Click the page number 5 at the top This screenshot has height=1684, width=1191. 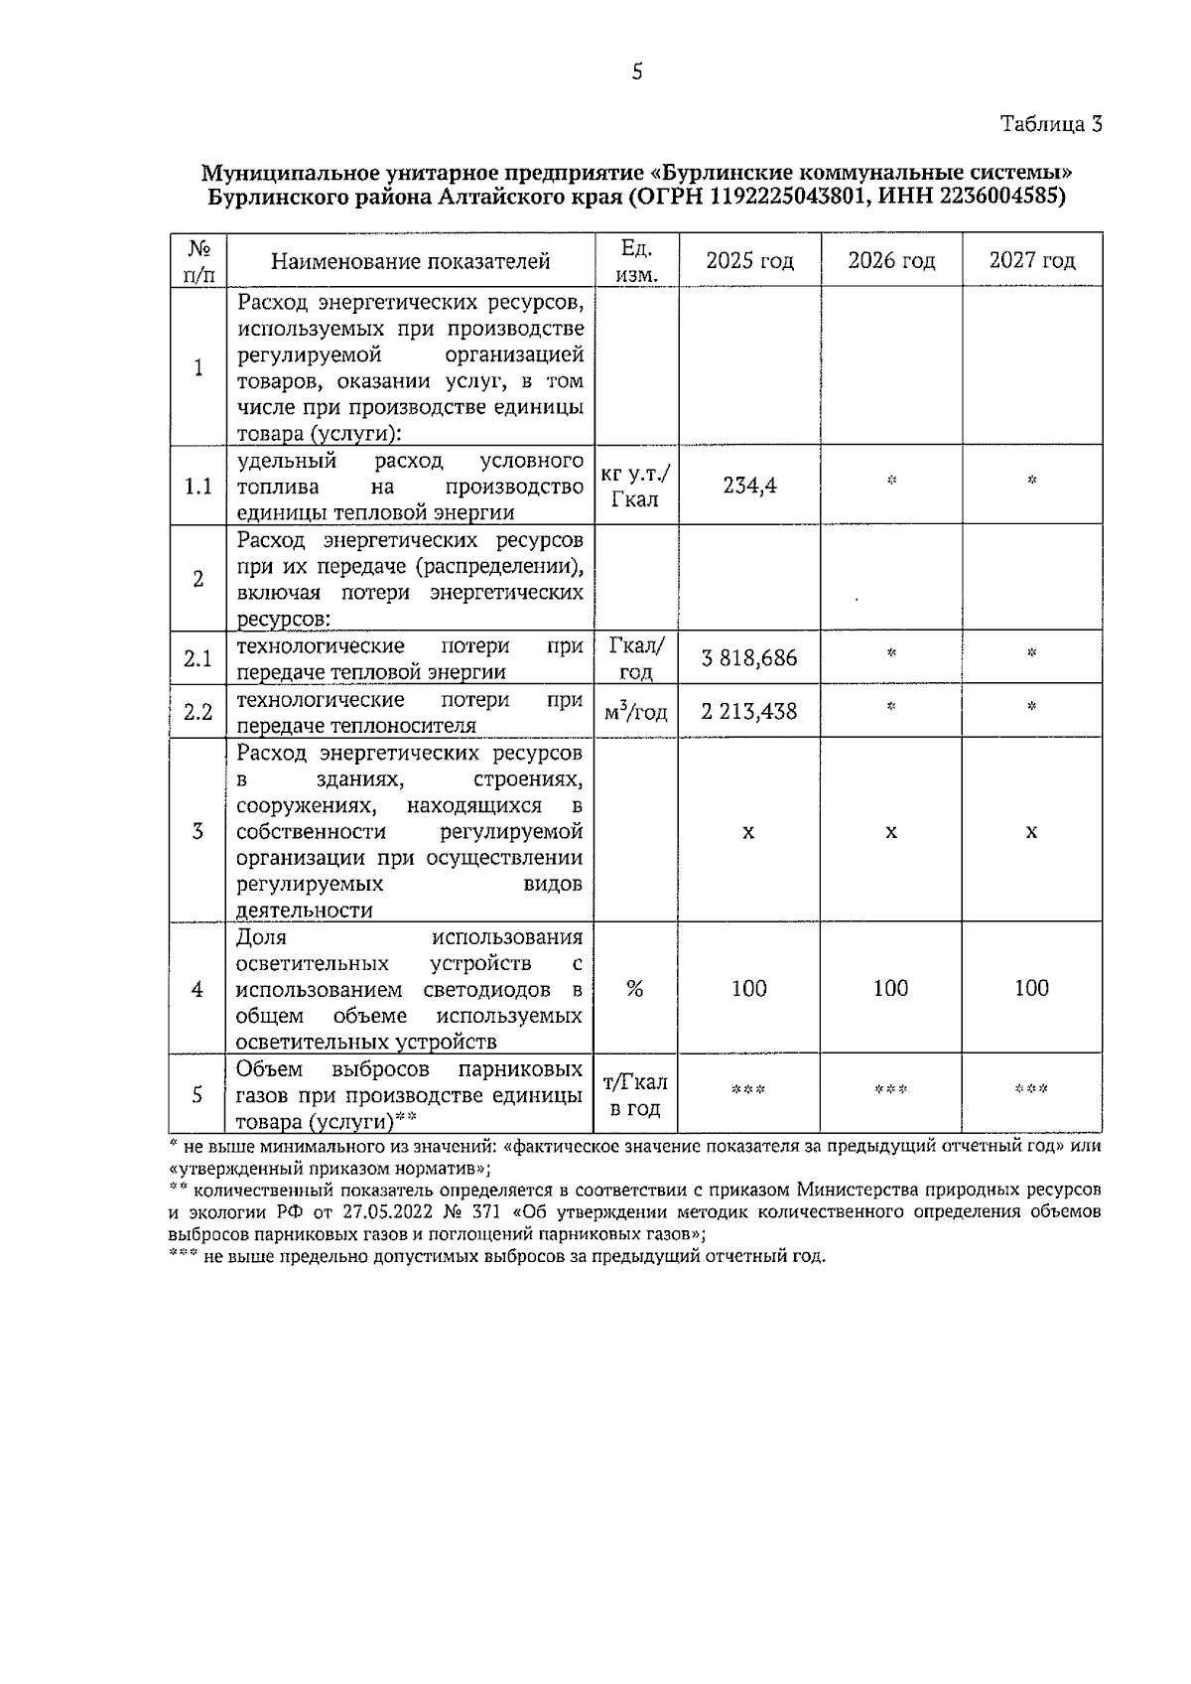pos(636,71)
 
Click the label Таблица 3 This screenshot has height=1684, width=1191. pos(1051,124)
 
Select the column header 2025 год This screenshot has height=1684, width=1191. pos(749,261)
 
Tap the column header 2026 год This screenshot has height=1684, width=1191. pos(891,261)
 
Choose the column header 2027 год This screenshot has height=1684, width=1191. pos(1032,261)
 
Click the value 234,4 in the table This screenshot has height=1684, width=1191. pos(749,486)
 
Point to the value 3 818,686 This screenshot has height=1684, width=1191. pos(749,658)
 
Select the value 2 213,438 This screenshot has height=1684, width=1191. pos(749,712)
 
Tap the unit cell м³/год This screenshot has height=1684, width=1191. pos(635,712)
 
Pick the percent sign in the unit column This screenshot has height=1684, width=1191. pos(635,989)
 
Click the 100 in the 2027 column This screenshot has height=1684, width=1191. pos(1032,988)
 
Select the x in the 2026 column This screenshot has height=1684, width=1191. pos(891,832)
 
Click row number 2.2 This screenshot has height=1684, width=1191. pos(198,712)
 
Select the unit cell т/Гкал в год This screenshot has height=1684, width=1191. pos(635,1095)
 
